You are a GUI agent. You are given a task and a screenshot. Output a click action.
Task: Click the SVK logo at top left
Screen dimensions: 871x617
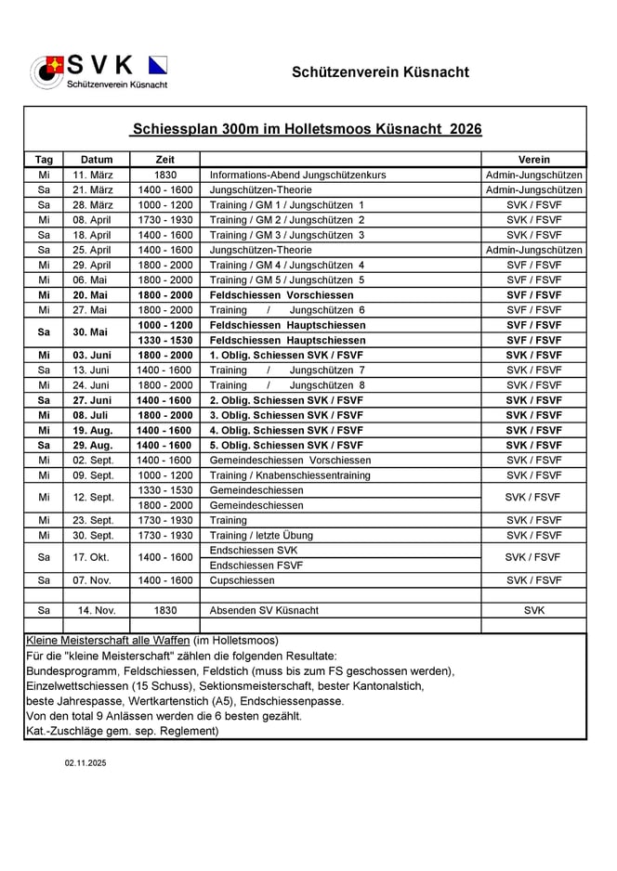coord(99,71)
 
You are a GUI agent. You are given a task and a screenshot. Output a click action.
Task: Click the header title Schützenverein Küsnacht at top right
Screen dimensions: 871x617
coord(380,72)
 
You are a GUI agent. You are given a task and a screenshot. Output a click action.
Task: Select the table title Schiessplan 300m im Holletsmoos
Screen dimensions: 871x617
coord(307,129)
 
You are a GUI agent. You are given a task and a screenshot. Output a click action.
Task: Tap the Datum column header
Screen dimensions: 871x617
coord(97,160)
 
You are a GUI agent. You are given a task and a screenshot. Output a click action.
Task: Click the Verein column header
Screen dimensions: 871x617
coord(533,160)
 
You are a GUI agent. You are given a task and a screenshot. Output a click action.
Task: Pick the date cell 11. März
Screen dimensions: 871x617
coord(97,175)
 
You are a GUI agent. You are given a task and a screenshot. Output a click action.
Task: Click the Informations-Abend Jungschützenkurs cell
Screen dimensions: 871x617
coord(297,175)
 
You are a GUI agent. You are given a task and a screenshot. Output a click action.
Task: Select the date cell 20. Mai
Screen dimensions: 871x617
coord(97,294)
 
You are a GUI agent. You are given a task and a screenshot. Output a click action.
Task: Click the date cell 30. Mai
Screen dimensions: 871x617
coord(97,332)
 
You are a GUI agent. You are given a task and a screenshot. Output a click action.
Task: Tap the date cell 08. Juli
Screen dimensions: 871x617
coord(97,415)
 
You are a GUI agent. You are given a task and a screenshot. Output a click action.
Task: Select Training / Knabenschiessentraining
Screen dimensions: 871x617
coord(290,475)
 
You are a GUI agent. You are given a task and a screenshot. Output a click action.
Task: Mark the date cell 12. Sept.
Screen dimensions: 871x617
coord(97,498)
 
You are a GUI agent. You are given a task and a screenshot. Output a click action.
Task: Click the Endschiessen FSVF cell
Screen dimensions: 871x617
coord(256,565)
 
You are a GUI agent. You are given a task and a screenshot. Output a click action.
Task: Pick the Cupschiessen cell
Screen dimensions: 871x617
coord(243,580)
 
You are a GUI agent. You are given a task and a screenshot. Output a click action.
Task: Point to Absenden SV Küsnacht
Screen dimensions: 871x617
coord(264,610)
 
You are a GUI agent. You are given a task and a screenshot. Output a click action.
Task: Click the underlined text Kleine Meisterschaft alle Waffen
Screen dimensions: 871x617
coord(108,641)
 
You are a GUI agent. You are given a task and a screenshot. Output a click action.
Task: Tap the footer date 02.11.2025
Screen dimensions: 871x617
coord(85,762)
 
